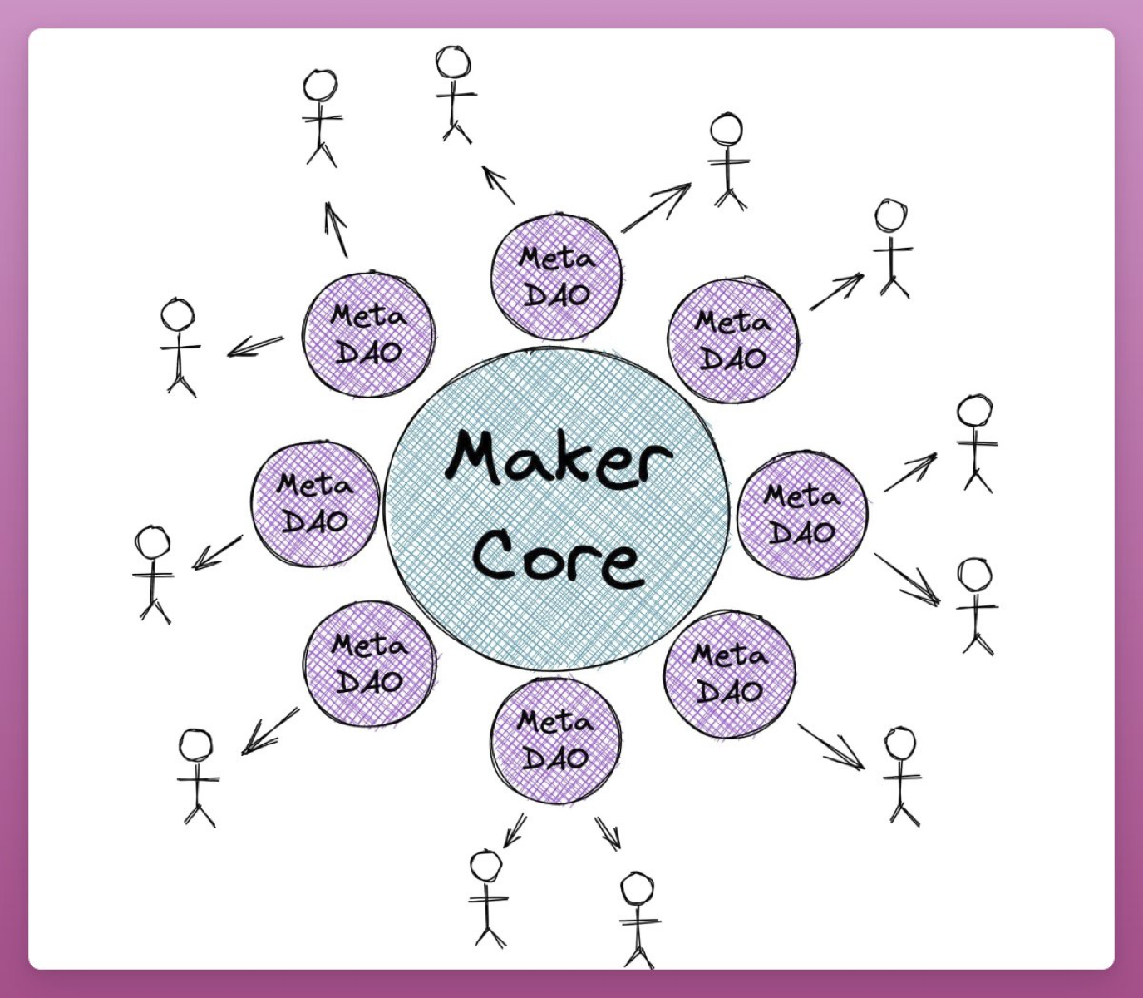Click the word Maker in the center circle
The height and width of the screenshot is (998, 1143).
tap(559, 465)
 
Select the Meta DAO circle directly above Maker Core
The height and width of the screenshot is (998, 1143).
tap(556, 277)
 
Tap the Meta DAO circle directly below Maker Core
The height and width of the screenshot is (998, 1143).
tap(555, 740)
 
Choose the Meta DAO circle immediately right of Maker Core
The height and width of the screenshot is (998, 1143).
tap(802, 515)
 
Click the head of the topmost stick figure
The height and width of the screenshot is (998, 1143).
tap(452, 62)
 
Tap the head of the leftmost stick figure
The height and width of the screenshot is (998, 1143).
tap(152, 542)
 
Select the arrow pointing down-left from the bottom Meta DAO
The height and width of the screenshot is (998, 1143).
tap(515, 830)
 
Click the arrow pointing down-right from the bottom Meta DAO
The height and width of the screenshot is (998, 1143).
tap(608, 833)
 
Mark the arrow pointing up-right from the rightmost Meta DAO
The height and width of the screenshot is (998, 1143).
tap(910, 472)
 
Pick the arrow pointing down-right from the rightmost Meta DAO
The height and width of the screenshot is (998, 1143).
tap(907, 579)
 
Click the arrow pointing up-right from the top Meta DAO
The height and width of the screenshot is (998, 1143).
tap(657, 207)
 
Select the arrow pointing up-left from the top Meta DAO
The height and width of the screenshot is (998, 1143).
tap(498, 185)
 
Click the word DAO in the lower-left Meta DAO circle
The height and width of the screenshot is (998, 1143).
tap(370, 682)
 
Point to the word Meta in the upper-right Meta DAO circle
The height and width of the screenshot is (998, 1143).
tap(732, 323)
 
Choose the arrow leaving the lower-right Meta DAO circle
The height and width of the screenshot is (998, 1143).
tap(831, 747)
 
